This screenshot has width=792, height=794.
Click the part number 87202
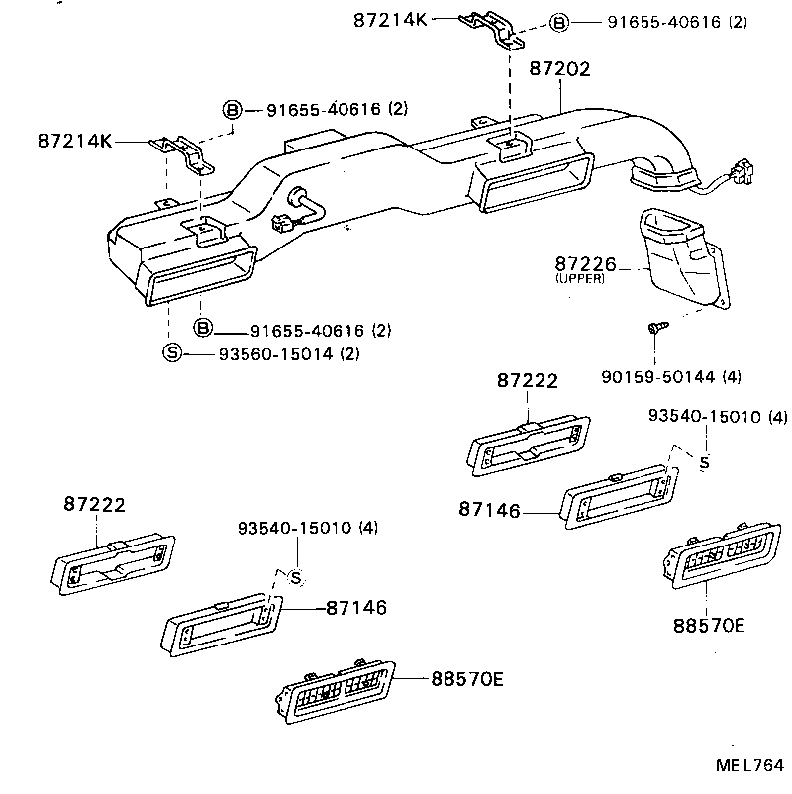559,69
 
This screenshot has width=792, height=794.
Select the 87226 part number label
585,264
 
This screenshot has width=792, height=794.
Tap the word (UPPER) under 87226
579,279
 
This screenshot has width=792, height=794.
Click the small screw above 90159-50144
655,328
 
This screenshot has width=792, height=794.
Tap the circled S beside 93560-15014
171,353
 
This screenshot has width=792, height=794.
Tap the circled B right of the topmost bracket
559,22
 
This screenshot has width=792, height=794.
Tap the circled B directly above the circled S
203,329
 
